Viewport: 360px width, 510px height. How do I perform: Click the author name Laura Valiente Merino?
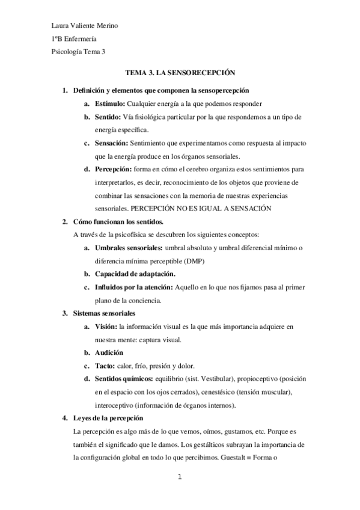(x=85, y=25)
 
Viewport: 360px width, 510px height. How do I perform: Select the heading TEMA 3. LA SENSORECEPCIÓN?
(x=179, y=71)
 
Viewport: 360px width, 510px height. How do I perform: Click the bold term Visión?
(x=106, y=327)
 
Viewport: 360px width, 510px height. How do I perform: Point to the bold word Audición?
(x=109, y=353)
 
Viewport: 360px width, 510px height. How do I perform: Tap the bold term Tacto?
(x=105, y=366)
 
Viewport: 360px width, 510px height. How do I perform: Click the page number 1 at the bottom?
(x=180, y=478)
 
